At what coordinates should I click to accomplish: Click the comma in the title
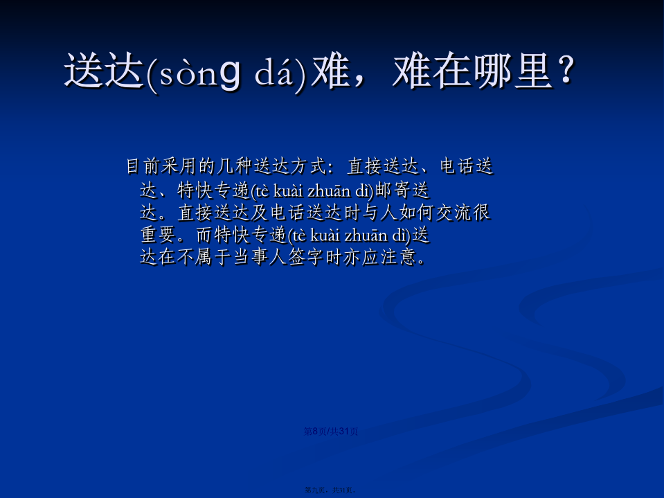click(x=359, y=80)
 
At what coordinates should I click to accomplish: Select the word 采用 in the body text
click(x=179, y=166)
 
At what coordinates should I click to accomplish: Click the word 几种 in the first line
click(x=235, y=166)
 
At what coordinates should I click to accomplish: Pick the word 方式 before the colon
click(x=309, y=166)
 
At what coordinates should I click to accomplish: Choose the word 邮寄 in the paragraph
click(x=393, y=190)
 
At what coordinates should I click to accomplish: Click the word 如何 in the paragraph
click(x=416, y=212)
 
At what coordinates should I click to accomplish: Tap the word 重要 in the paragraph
click(x=158, y=234)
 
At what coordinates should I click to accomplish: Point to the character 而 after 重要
click(x=204, y=234)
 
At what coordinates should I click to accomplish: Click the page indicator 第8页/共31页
click(x=331, y=431)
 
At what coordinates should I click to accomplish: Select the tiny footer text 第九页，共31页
click(x=330, y=490)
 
